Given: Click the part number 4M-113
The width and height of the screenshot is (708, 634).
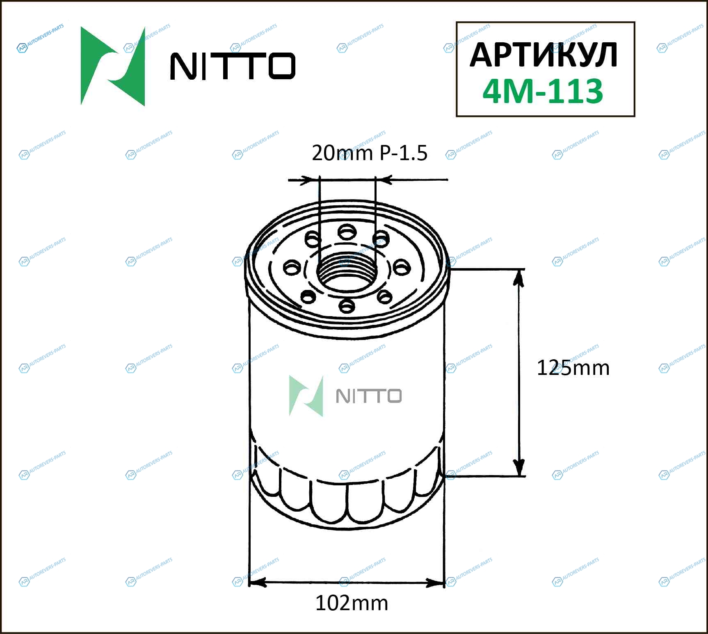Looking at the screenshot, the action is click(543, 91).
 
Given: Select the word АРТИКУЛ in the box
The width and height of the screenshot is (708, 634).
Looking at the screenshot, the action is click(544, 55).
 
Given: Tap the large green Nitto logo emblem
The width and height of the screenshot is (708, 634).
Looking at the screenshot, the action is click(113, 66).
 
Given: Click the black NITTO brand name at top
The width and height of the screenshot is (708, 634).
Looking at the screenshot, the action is click(233, 66).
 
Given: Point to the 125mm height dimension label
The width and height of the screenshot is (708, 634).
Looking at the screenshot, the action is click(573, 368).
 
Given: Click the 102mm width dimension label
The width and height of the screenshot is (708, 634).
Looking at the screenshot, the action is click(352, 603).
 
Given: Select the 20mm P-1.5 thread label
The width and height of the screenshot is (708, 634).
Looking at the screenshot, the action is click(370, 153).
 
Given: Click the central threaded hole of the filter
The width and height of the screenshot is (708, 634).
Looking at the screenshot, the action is click(347, 271).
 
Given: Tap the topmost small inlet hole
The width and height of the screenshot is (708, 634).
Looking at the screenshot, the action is click(347, 232).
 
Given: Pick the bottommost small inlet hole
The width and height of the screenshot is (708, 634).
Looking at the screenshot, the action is click(347, 306).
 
